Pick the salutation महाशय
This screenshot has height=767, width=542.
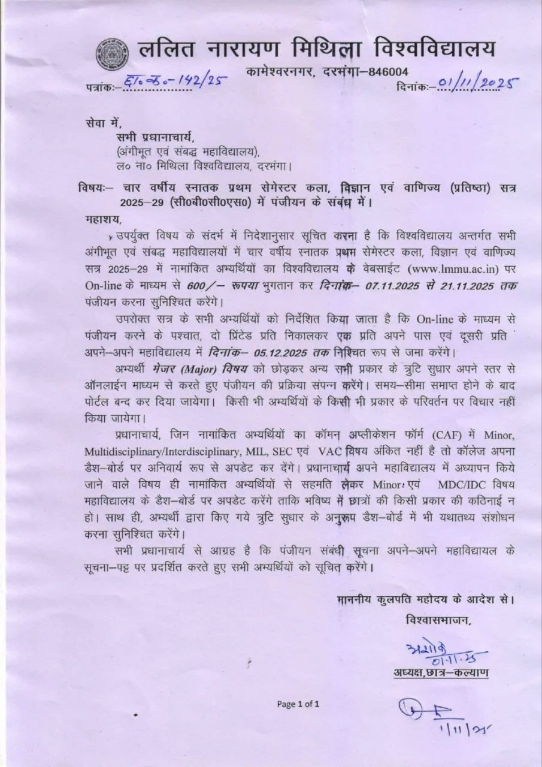pyautogui.click(x=104, y=219)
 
